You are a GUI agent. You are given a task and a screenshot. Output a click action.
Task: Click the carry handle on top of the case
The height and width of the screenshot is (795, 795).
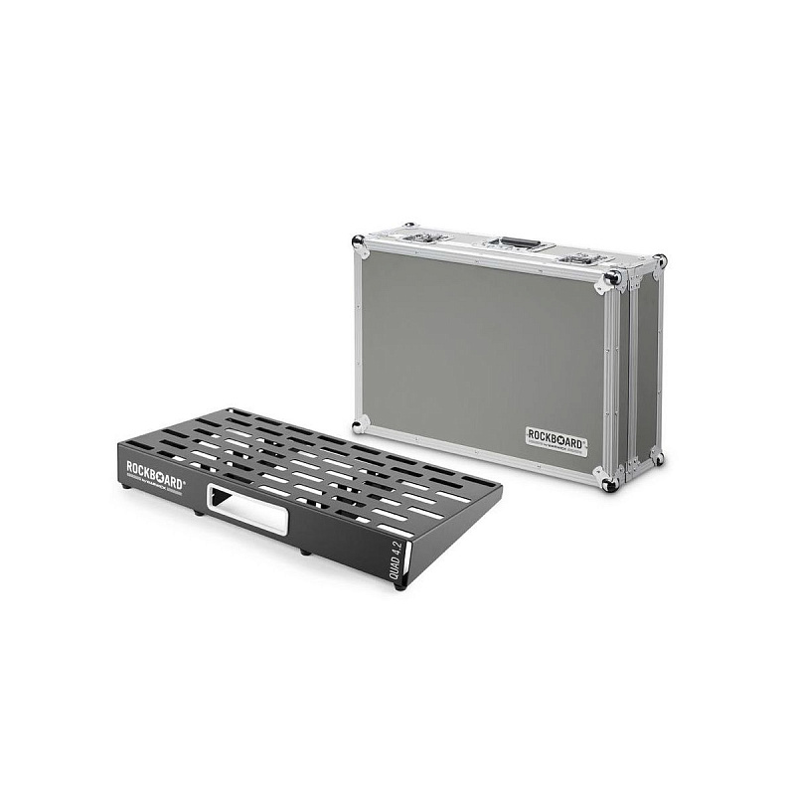pos(519,243)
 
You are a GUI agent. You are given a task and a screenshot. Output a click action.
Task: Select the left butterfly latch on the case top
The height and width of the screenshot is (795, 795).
pos(424,237)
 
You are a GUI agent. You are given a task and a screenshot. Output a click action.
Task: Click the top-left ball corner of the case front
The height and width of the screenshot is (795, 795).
pos(360,241)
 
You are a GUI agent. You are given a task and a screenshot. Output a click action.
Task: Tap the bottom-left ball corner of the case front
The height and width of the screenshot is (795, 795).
pos(360,425)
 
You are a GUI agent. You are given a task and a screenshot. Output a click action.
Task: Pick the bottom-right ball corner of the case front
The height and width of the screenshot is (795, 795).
pos(610,483)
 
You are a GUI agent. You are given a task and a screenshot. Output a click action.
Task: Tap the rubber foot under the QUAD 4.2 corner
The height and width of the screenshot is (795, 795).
pos(400,584)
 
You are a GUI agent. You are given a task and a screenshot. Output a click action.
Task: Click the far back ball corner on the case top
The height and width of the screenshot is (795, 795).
pos(660,260)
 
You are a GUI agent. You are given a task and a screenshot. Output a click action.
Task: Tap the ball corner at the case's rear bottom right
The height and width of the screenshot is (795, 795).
pos(657,459)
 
